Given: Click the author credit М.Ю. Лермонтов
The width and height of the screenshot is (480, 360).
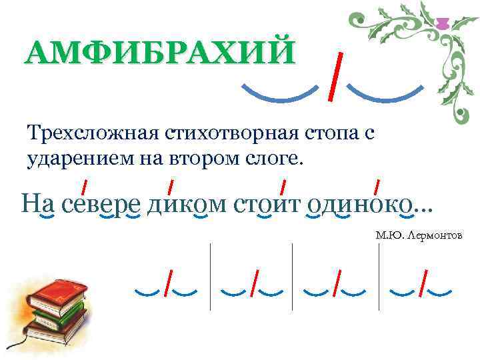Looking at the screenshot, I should tap(419, 236).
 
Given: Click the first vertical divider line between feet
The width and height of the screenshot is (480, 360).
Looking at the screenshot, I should tap(211, 277).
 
